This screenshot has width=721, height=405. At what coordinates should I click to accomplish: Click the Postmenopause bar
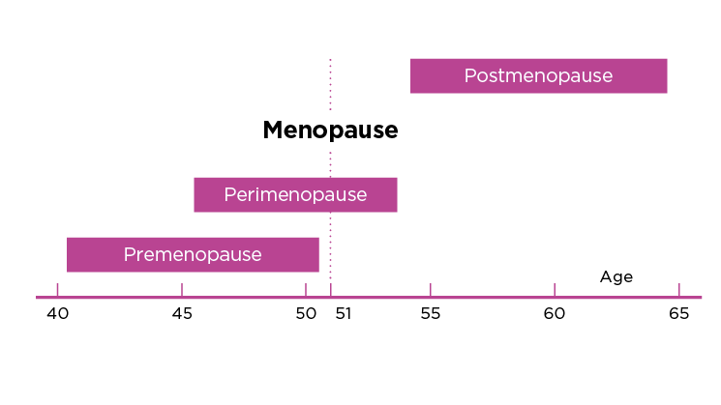[x=538, y=75]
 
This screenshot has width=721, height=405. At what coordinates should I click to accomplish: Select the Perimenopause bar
[x=295, y=194]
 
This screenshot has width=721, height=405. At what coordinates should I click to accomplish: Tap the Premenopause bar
[x=193, y=254]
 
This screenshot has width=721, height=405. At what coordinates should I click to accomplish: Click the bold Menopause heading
[x=330, y=130]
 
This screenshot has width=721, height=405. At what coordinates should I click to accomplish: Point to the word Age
[x=616, y=277]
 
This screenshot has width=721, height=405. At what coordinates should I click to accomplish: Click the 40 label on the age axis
[x=57, y=313]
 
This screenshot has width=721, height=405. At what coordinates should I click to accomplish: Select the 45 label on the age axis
[x=182, y=313]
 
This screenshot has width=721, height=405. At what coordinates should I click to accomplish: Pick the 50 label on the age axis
[x=305, y=313]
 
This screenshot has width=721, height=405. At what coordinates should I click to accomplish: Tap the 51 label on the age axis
[x=343, y=313]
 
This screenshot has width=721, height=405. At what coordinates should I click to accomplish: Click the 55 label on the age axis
[x=430, y=313]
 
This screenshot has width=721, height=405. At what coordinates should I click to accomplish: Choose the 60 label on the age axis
[x=555, y=313]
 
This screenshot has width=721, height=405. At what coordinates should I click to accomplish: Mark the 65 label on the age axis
[x=678, y=313]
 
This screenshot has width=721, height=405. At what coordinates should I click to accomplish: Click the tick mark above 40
[x=58, y=289]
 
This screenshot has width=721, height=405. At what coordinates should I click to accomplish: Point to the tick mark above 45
[x=182, y=289]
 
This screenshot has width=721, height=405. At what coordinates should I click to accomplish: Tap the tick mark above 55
[x=430, y=289]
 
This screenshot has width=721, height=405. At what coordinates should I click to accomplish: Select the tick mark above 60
[x=555, y=289]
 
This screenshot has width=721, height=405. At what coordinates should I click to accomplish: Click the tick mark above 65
[x=678, y=289]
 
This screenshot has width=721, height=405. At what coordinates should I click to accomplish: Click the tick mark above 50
[x=306, y=289]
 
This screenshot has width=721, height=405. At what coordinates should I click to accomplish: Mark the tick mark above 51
[x=330, y=289]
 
